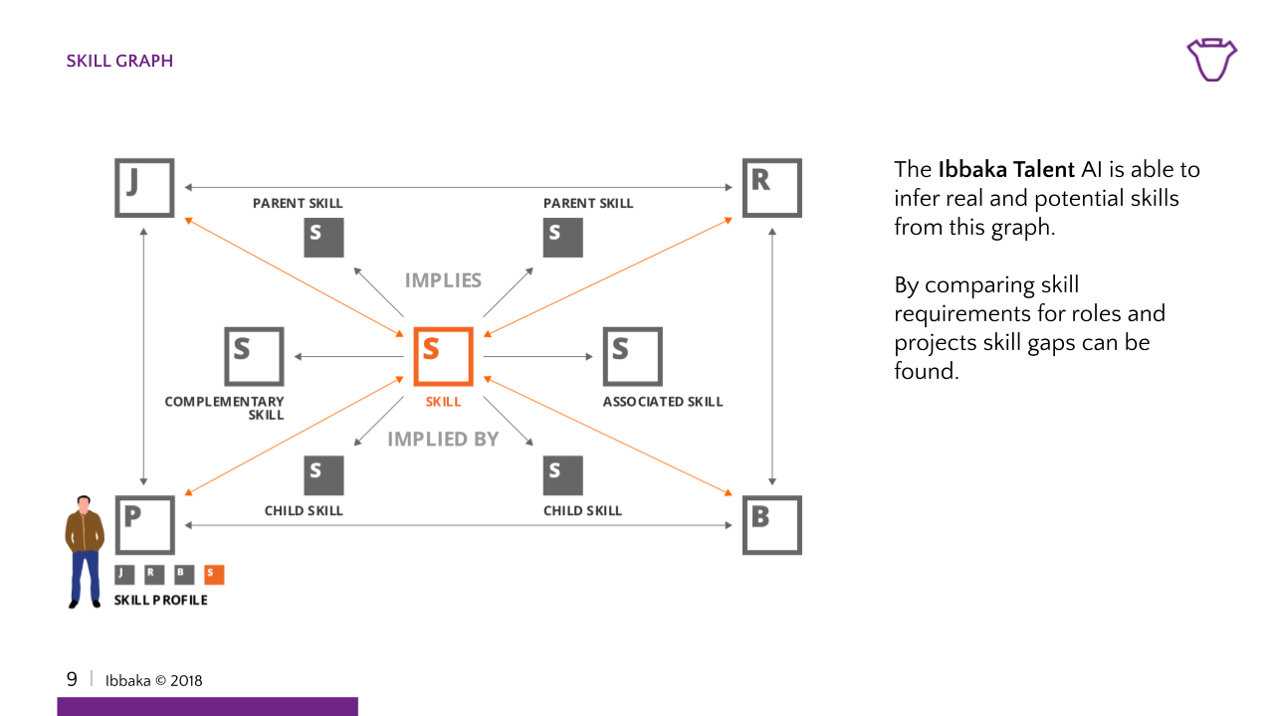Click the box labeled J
click(144, 187)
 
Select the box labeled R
click(771, 187)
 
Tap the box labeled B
click(771, 525)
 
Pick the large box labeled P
click(144, 525)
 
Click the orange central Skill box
click(443, 356)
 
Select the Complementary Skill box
click(254, 356)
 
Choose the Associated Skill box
click(632, 356)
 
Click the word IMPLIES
click(443, 280)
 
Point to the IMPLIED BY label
click(443, 439)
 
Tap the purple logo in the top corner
click(1211, 60)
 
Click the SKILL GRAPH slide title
click(119, 61)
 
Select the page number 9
click(72, 680)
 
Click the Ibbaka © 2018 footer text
click(154, 681)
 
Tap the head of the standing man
click(86, 503)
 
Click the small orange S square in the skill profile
click(214, 574)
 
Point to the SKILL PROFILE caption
click(161, 601)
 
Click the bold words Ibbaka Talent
click(1006, 170)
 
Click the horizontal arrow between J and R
click(458, 187)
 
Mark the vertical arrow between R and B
click(771, 356)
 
